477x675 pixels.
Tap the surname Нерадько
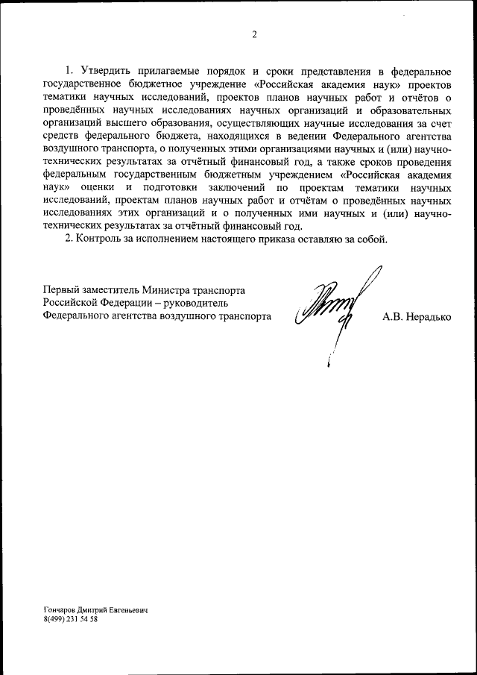click(x=428, y=316)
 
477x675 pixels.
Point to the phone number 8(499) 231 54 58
click(x=71, y=619)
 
